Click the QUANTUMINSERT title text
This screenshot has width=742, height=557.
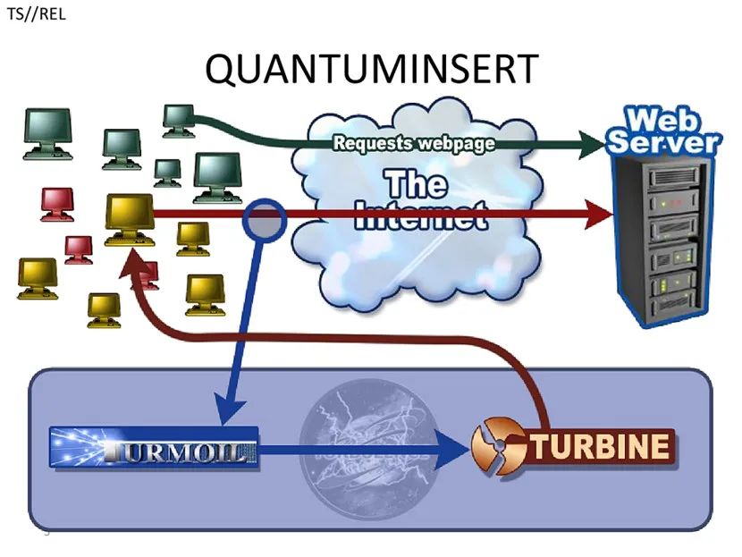(372, 70)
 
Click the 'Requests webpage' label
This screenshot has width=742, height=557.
(413, 142)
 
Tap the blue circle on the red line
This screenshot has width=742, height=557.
(265, 219)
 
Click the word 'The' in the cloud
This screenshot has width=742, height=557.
(417, 185)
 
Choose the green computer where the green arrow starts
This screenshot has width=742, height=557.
(179, 121)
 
